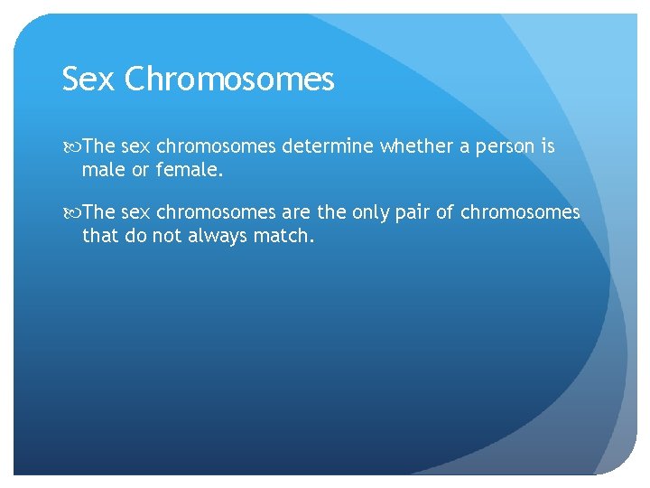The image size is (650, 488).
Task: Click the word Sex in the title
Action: click(x=88, y=80)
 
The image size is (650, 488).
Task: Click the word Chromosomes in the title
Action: click(x=229, y=80)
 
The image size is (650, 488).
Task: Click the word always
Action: click(x=215, y=236)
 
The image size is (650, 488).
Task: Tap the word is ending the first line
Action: click(x=548, y=145)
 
